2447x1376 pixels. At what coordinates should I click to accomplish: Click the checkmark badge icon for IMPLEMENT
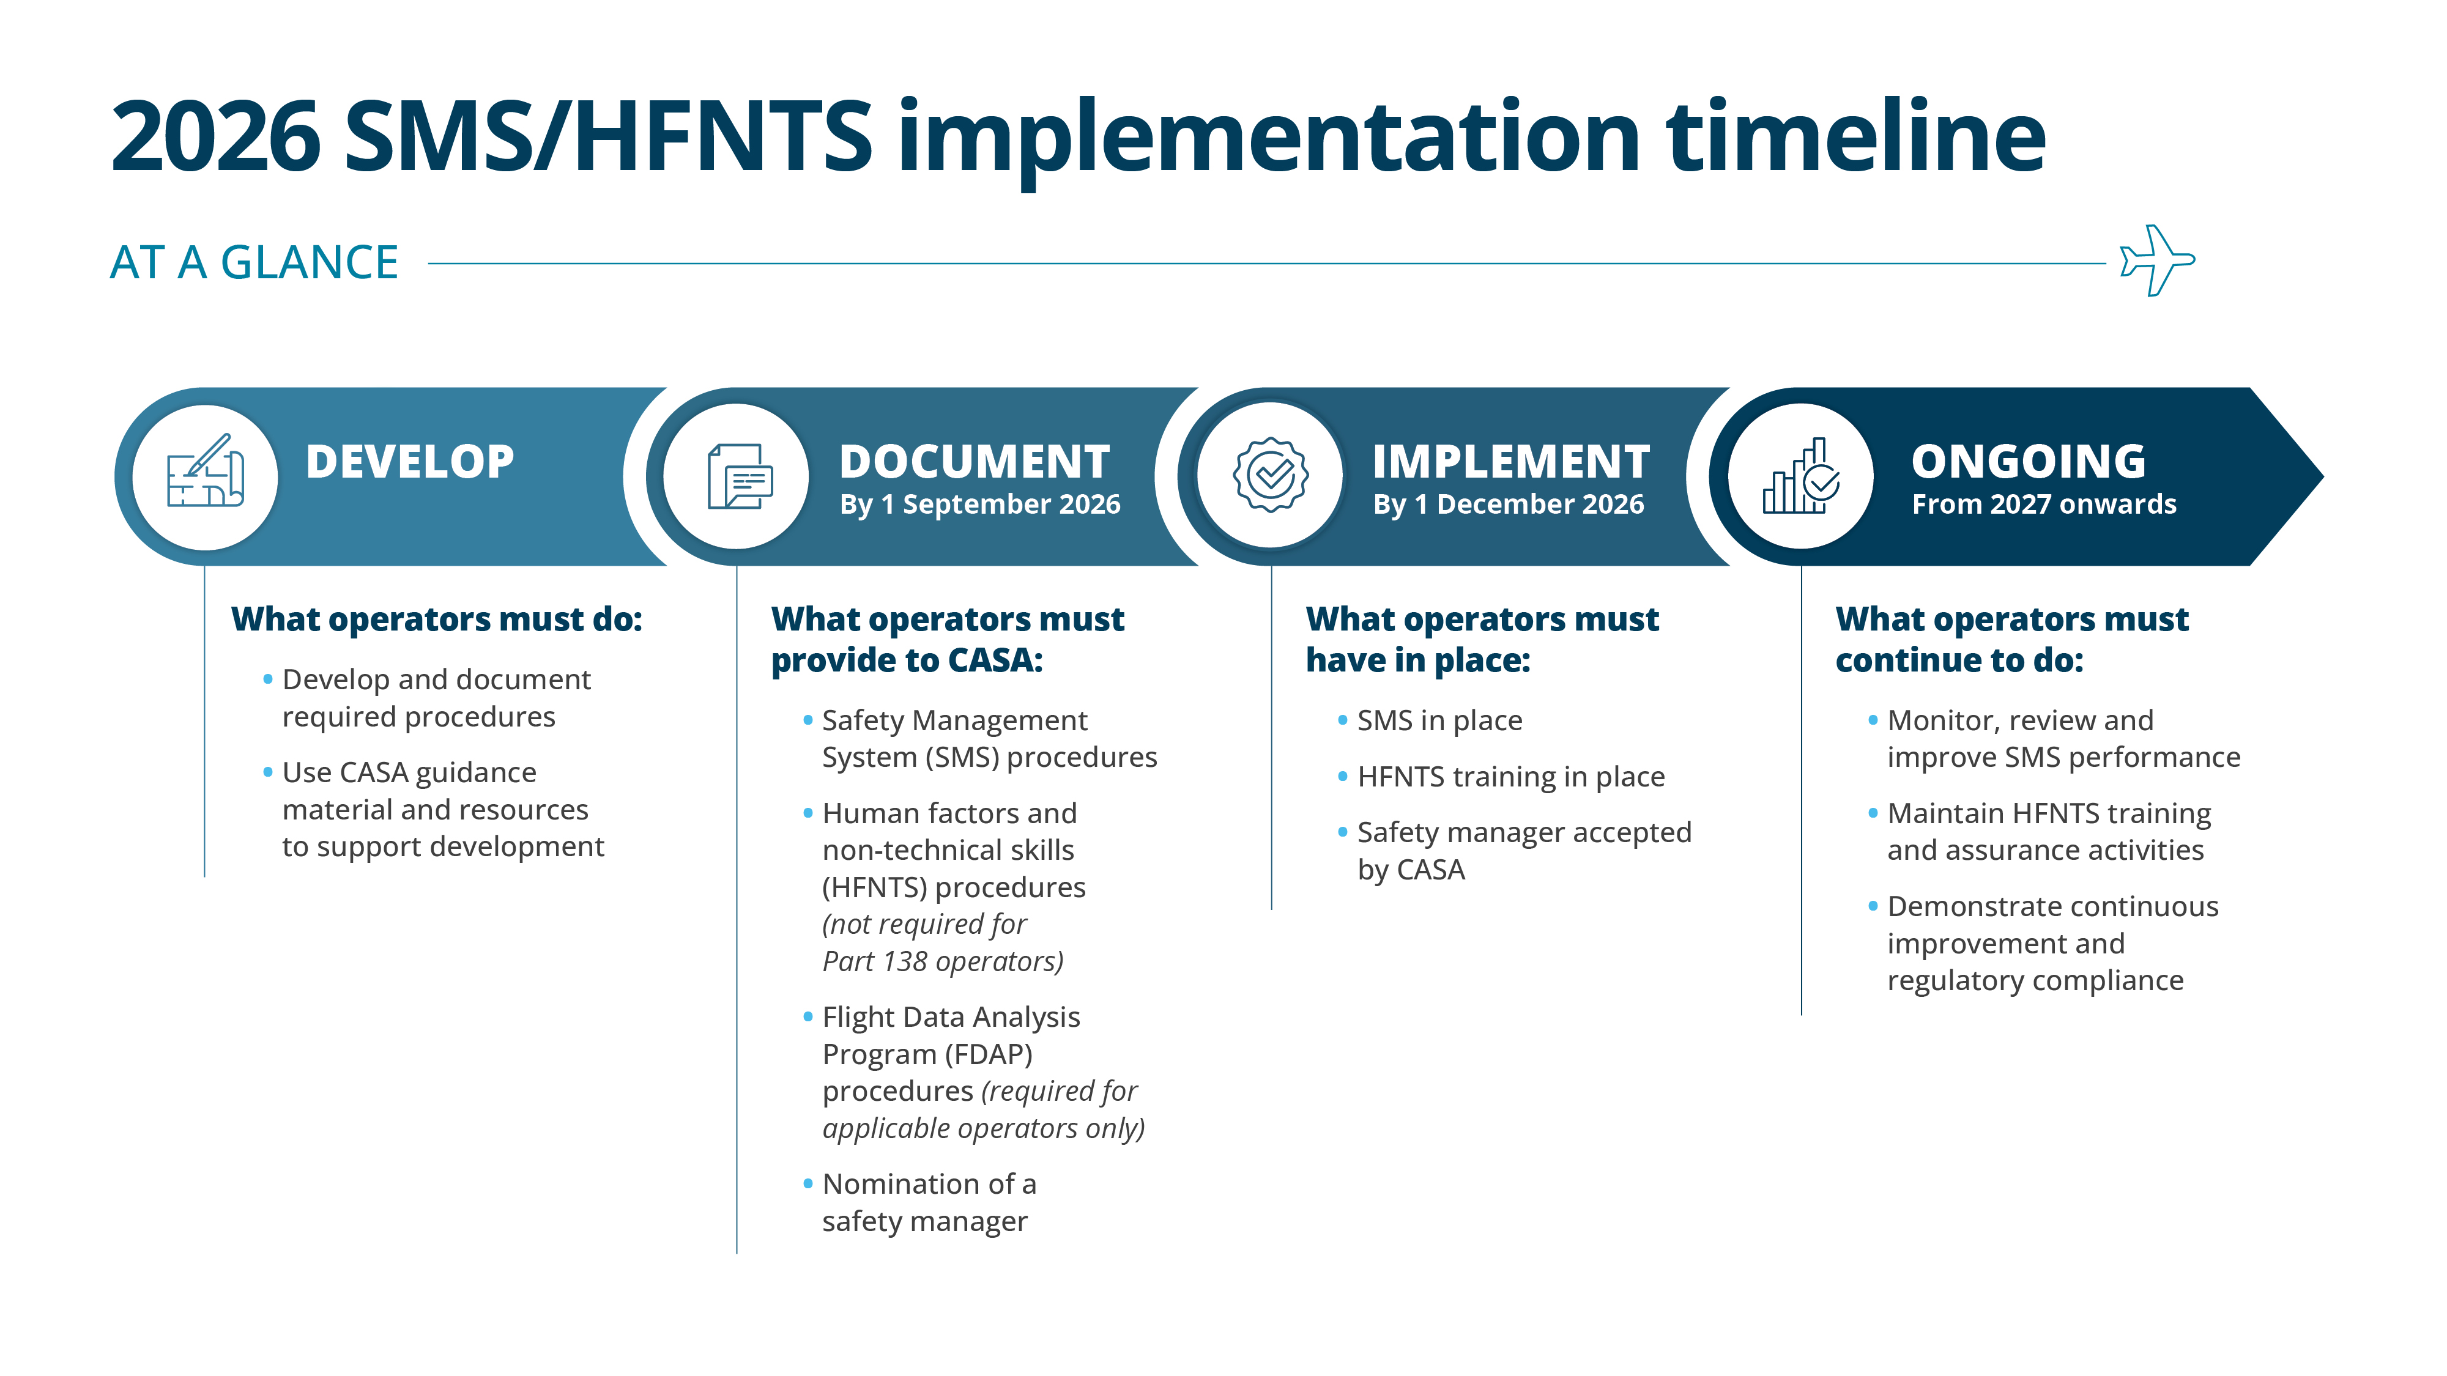click(x=1270, y=475)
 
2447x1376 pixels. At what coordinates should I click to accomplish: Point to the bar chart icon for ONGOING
click(x=1801, y=477)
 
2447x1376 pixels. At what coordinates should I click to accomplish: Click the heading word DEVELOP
click(x=409, y=462)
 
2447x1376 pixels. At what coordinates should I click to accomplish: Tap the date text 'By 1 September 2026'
click(x=979, y=505)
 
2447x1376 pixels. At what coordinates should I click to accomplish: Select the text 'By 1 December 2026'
click(x=1507, y=505)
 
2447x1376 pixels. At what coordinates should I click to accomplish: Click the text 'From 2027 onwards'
click(x=2043, y=505)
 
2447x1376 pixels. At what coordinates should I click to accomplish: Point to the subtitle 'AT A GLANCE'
click(x=254, y=262)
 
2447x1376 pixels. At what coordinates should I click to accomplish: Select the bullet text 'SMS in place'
click(x=1439, y=721)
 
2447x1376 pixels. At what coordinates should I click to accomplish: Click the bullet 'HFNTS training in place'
click(x=1510, y=777)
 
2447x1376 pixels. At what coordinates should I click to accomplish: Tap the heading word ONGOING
click(x=2028, y=462)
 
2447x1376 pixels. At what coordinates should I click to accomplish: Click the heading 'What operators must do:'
click(x=436, y=619)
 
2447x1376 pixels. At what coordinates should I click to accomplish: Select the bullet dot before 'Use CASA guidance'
click(x=268, y=772)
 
